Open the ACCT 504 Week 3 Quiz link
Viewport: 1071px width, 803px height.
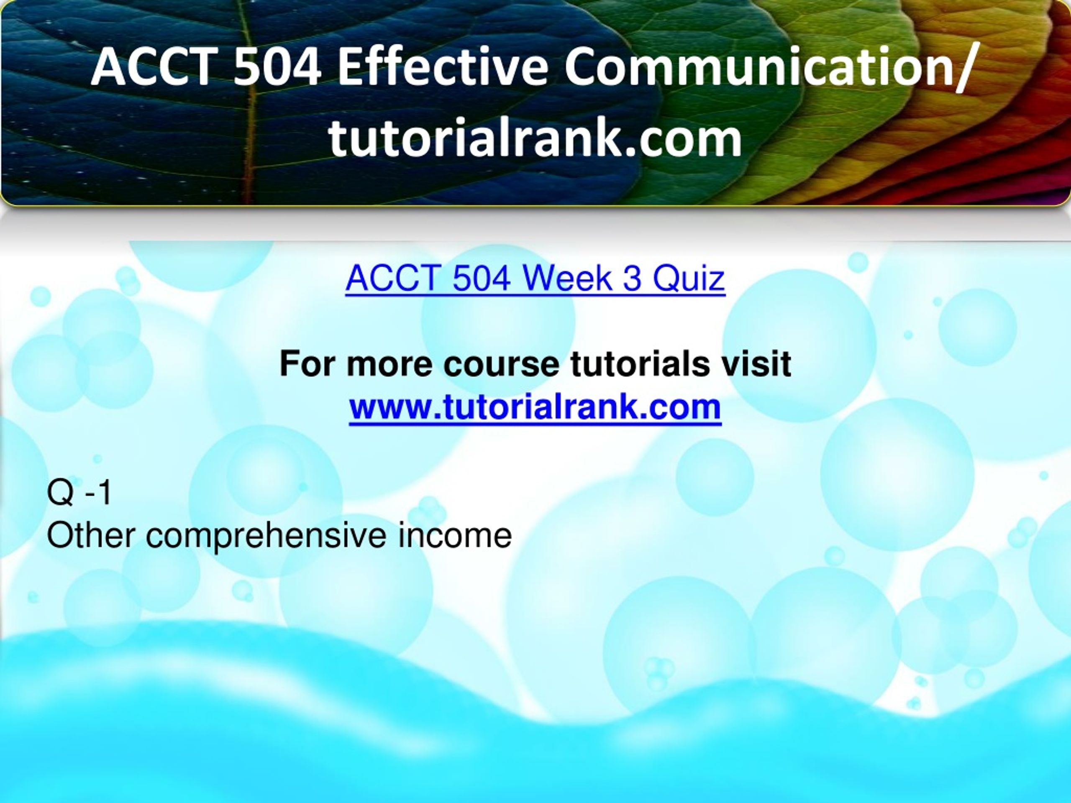[x=535, y=278]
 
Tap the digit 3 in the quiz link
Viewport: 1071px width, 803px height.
[x=632, y=278]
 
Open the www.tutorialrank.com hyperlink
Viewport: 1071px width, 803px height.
[x=535, y=407]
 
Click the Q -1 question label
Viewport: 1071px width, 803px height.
[x=79, y=492]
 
